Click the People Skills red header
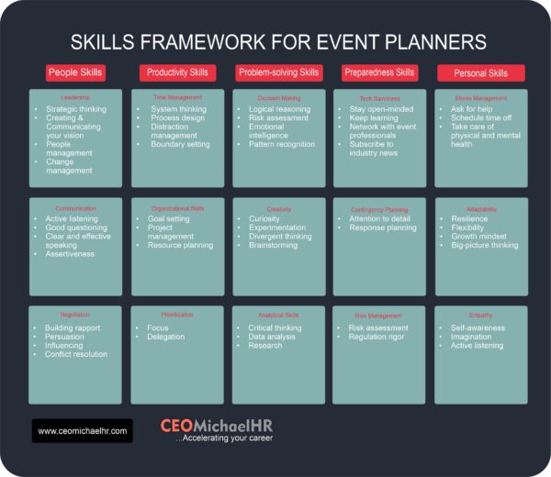click(75, 72)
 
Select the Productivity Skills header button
click(176, 72)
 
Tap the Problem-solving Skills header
click(277, 72)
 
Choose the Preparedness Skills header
click(379, 72)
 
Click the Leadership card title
click(75, 97)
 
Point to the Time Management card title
click(177, 97)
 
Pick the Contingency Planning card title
click(379, 209)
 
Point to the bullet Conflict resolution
click(76, 354)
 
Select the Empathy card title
click(480, 315)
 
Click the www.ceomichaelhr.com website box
click(83, 429)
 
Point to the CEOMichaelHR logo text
click(217, 426)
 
